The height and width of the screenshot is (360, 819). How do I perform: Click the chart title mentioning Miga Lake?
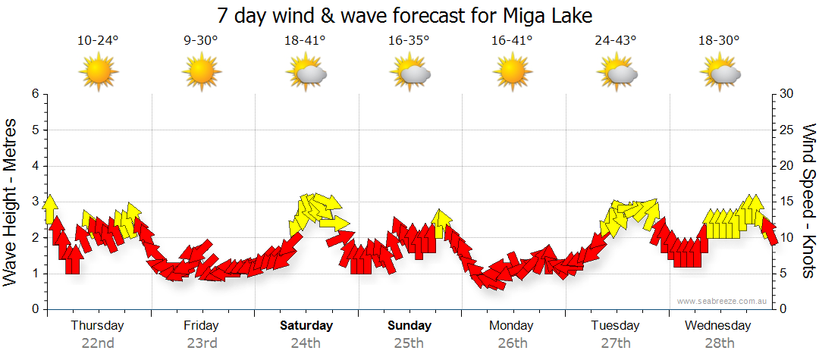click(x=404, y=15)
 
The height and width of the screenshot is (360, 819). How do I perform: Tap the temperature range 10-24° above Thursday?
click(x=98, y=41)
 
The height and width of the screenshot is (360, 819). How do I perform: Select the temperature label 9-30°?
click(x=201, y=41)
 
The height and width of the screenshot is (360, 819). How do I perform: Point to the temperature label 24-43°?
click(x=616, y=41)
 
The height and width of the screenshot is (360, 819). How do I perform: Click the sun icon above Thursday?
click(x=99, y=72)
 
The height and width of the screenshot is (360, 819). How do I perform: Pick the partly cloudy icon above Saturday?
click(x=306, y=73)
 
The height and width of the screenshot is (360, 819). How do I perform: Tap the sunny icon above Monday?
click(x=513, y=72)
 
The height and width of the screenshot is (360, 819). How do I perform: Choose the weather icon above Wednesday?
click(x=720, y=73)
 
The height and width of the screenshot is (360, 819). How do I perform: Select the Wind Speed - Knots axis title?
click(x=808, y=202)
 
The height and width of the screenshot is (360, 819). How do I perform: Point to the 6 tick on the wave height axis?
click(x=35, y=94)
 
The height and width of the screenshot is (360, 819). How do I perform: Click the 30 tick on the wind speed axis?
click(x=787, y=94)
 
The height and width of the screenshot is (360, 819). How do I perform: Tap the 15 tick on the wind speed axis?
click(x=787, y=202)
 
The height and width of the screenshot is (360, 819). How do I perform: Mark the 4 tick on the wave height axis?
click(x=35, y=166)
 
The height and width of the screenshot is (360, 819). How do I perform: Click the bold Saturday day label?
click(x=306, y=326)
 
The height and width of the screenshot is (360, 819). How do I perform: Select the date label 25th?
click(x=409, y=343)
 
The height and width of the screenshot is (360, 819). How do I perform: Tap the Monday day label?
click(x=513, y=326)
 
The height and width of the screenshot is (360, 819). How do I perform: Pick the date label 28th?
click(x=720, y=343)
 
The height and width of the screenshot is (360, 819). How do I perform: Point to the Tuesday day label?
click(x=616, y=326)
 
